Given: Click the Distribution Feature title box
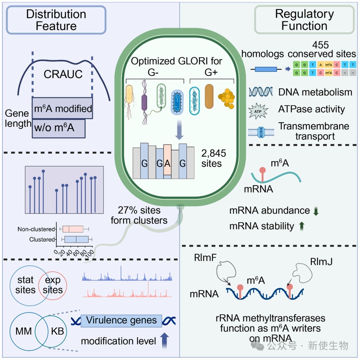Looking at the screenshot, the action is (56, 20).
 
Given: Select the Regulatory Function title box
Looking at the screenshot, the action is (304, 20).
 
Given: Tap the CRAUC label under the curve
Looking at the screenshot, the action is (63, 74).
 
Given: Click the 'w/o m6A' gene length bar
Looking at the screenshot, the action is (59, 128).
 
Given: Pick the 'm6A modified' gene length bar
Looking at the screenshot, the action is (62, 108).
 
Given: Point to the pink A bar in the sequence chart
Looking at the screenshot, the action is (167, 160).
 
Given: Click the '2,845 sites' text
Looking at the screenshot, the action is (214, 158).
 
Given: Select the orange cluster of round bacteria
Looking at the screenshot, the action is (227, 98).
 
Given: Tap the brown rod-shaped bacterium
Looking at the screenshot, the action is (209, 96).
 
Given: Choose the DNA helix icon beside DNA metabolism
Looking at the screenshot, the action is (261, 92).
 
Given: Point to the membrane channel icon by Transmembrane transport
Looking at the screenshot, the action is (261, 132).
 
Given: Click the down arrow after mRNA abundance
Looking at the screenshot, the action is (316, 211).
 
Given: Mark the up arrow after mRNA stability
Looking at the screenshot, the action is (302, 226).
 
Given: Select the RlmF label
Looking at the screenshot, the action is (205, 258).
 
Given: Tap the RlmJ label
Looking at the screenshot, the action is (321, 262).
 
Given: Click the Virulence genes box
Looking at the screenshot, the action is (121, 321).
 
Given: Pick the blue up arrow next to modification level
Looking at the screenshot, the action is (164, 340).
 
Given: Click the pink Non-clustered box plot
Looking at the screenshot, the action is (73, 229).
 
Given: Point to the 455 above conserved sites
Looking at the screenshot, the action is (321, 45).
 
